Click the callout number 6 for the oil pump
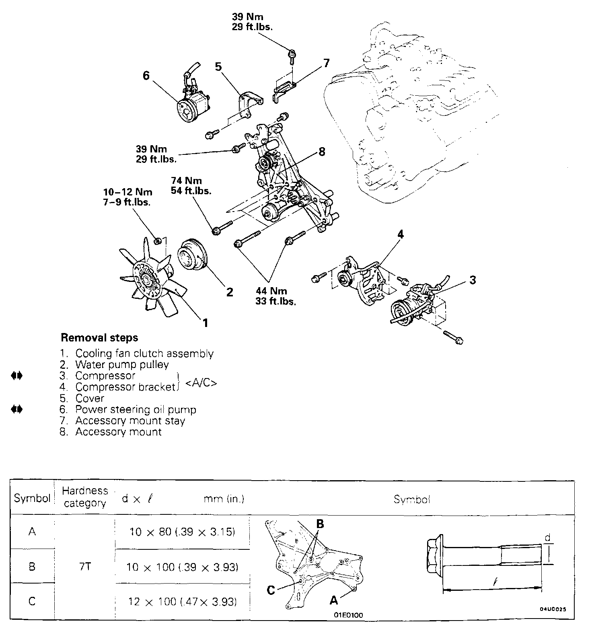[x=146, y=76]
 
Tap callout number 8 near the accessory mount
[x=321, y=152]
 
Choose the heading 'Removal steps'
[x=99, y=337]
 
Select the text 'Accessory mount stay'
[x=130, y=421]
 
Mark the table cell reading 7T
[x=85, y=567]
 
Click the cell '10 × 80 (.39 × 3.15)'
[x=182, y=532]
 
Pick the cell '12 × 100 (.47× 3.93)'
[x=182, y=602]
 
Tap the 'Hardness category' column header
[x=85, y=497]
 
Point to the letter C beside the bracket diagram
[x=271, y=590]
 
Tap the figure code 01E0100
[x=348, y=615]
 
